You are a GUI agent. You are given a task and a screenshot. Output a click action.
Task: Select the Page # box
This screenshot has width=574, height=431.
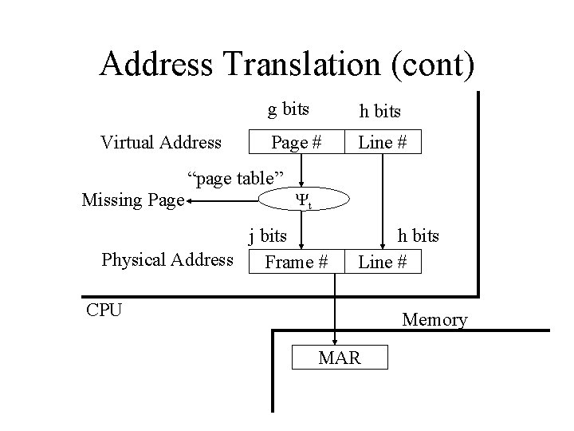click(x=297, y=142)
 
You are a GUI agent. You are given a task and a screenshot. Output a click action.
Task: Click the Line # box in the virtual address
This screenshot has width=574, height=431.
click(x=383, y=142)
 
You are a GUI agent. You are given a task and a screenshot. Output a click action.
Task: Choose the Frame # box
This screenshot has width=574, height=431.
click(x=297, y=261)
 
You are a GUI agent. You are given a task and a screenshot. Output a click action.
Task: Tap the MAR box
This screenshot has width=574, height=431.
click(x=340, y=357)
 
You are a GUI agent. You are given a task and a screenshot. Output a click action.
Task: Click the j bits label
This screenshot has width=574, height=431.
click(x=268, y=235)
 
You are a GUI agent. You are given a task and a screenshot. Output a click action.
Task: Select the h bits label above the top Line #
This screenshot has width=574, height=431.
click(x=380, y=112)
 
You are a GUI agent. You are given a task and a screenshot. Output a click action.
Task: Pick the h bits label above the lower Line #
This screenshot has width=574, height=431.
click(x=419, y=235)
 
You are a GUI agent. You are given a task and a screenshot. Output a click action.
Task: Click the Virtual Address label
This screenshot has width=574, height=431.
click(x=161, y=142)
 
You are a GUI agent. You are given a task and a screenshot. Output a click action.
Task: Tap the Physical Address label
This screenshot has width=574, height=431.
click(x=167, y=259)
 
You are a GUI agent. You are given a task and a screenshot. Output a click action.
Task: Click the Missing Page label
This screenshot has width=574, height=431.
click(x=133, y=199)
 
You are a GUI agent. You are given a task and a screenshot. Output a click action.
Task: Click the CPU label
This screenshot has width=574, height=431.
click(x=104, y=309)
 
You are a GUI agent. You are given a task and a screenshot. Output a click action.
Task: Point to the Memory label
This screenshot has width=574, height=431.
click(x=434, y=320)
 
